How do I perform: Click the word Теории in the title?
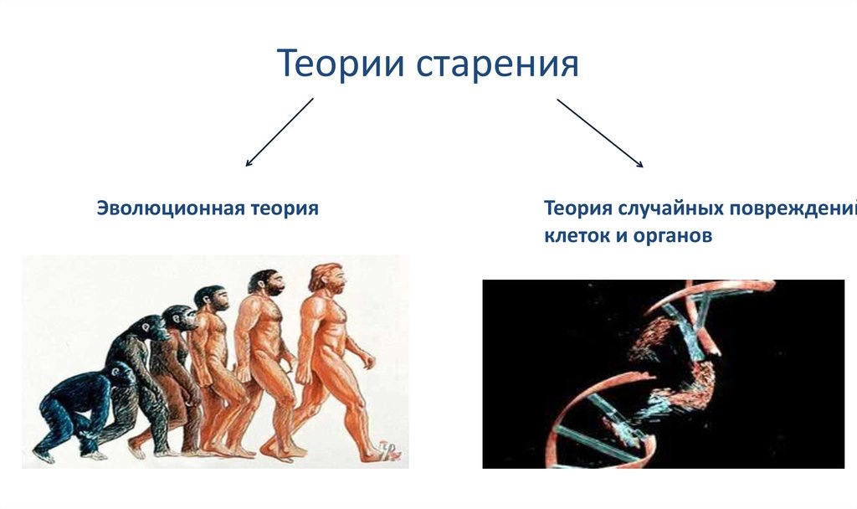[x=341, y=63]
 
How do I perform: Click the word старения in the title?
[x=497, y=64]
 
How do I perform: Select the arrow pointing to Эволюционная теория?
[x=280, y=132]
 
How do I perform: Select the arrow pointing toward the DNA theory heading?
[x=600, y=133]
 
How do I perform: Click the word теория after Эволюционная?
[x=285, y=208]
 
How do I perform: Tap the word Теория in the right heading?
[x=578, y=208]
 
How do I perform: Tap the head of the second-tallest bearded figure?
[x=266, y=283]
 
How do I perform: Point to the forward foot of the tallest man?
[x=384, y=451]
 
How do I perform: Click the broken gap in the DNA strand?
[x=680, y=372]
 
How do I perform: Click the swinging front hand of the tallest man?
[x=367, y=361]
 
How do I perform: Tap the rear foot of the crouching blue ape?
[x=44, y=455]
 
